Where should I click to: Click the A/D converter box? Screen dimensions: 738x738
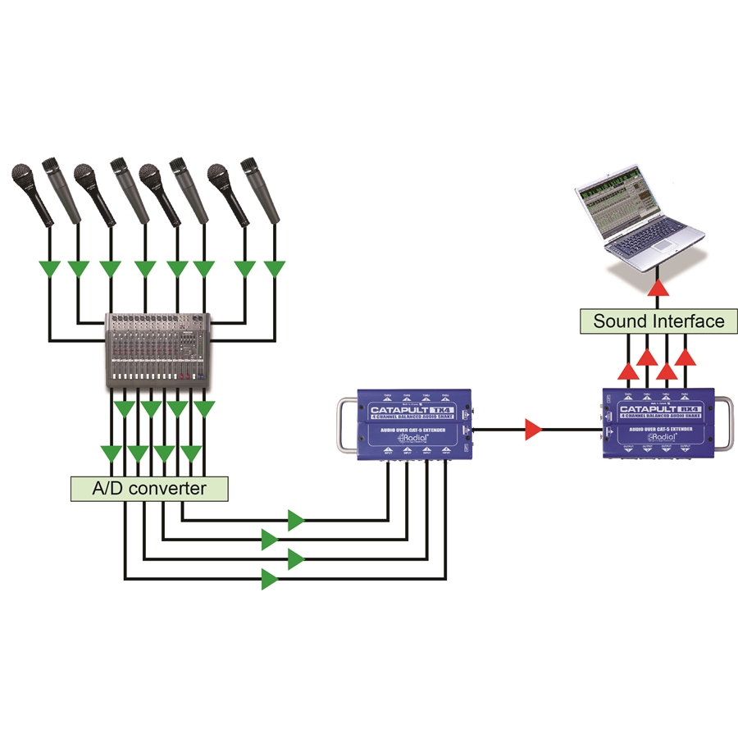[148, 489]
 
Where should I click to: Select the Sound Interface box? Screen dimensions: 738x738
[658, 321]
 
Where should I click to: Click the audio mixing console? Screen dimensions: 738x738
[158, 348]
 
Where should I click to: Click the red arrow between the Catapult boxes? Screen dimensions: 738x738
[534, 428]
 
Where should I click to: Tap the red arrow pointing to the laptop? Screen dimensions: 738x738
[658, 289]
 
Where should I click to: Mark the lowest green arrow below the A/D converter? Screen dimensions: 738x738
[270, 580]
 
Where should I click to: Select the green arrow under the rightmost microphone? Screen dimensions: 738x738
[272, 269]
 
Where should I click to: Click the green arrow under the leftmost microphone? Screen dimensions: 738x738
[52, 269]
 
